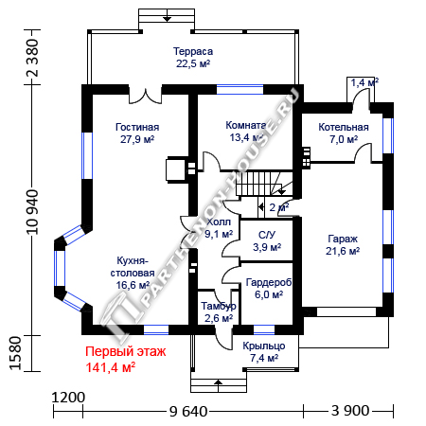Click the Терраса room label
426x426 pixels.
[x=193, y=58]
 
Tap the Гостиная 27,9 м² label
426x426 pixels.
[x=137, y=133]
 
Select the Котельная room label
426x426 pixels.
[x=344, y=133]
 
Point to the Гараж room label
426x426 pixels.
[x=343, y=245]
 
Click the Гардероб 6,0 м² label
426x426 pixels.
[x=269, y=289]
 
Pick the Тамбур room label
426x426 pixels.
[x=219, y=312]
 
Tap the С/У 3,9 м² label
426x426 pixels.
[x=267, y=240]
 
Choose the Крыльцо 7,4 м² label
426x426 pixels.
[x=264, y=352]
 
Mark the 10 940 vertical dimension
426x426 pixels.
[x=33, y=212]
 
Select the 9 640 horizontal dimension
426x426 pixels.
[x=188, y=412]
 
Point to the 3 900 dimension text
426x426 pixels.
[x=350, y=411]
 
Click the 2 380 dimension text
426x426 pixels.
[x=33, y=58]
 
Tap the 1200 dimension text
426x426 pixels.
[x=68, y=398]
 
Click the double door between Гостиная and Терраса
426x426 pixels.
[x=146, y=96]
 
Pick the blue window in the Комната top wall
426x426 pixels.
[x=240, y=89]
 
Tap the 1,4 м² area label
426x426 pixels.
[x=364, y=82]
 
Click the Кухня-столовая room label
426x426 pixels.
[x=133, y=273]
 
